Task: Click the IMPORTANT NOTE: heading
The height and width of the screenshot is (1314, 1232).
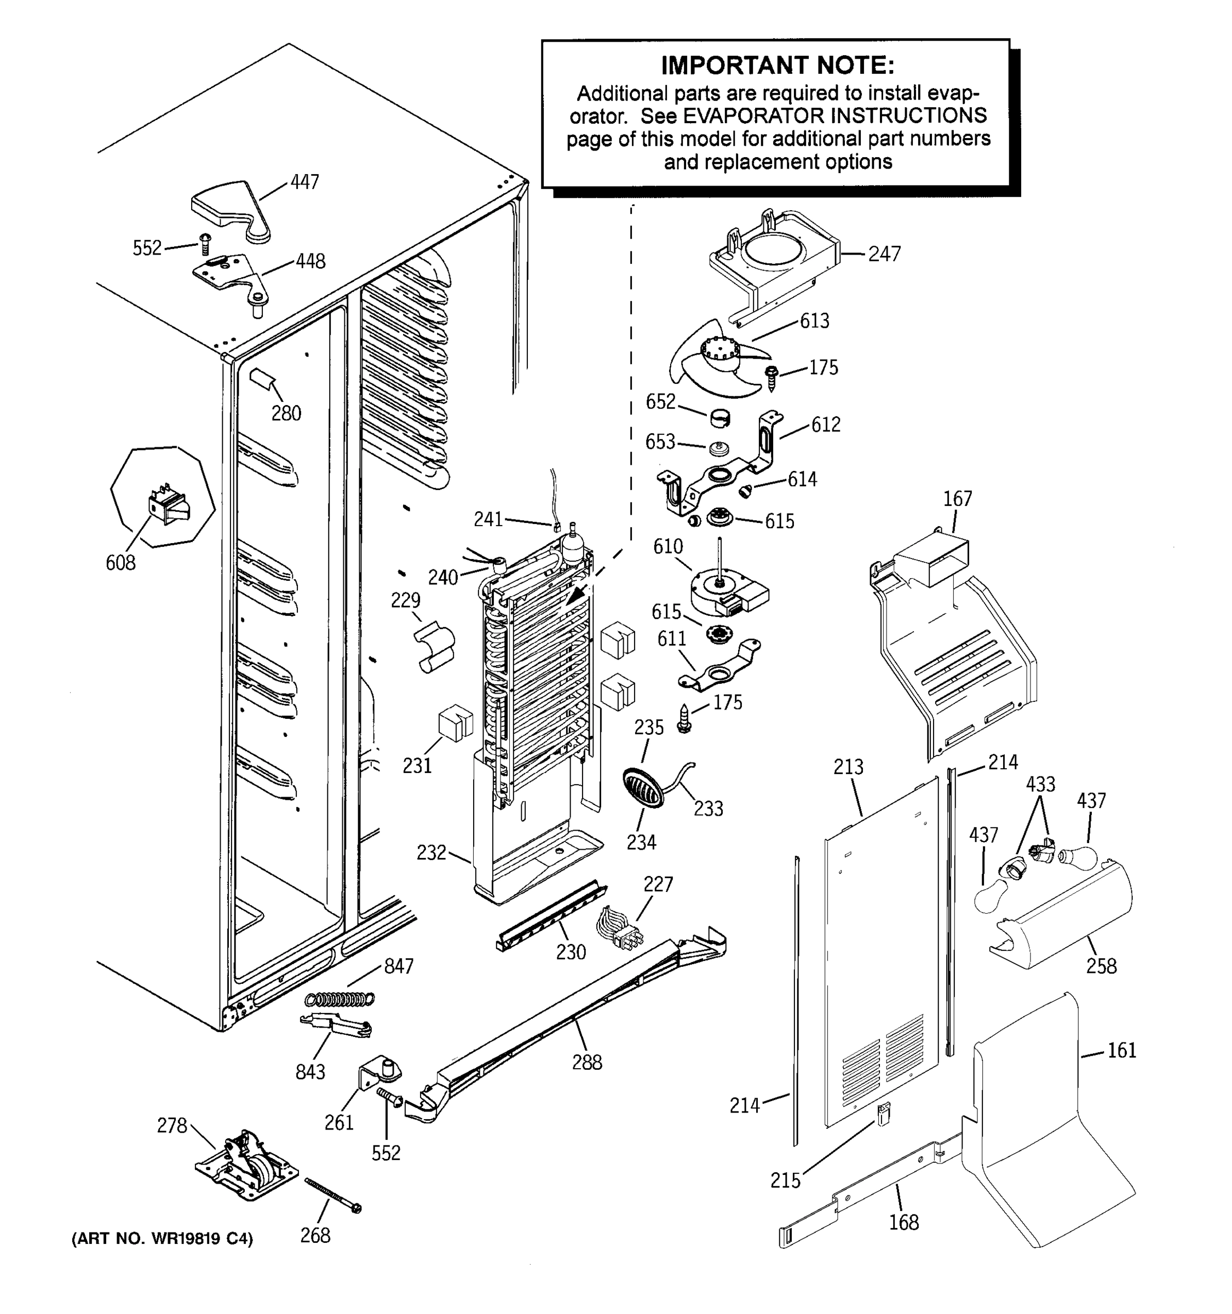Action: coord(778,66)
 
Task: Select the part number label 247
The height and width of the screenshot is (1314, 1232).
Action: coord(884,254)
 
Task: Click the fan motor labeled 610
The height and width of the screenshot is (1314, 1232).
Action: coord(724,590)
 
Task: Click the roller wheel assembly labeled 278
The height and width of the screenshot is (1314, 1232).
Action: coord(246,1167)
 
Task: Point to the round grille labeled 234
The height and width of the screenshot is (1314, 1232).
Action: coord(642,787)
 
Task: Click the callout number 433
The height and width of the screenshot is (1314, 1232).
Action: coord(1040,785)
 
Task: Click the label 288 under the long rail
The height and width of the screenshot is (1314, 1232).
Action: coord(587,1062)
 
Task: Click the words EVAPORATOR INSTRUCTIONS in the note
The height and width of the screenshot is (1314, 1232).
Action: coord(834,116)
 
